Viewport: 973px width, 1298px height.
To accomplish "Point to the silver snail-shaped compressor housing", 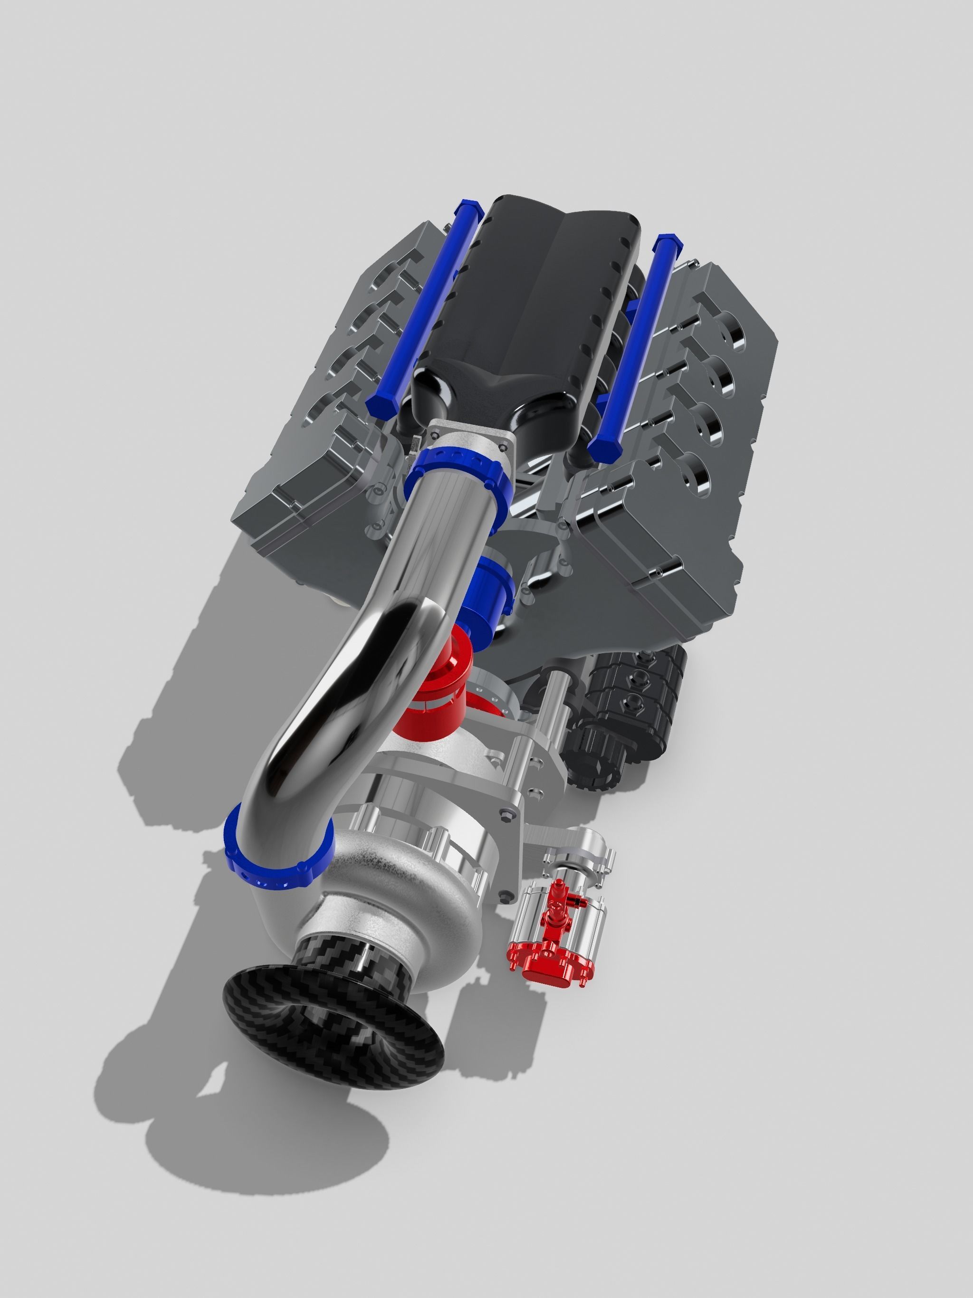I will click(x=405, y=904).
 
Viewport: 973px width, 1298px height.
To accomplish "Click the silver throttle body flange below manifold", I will click(x=469, y=440).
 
